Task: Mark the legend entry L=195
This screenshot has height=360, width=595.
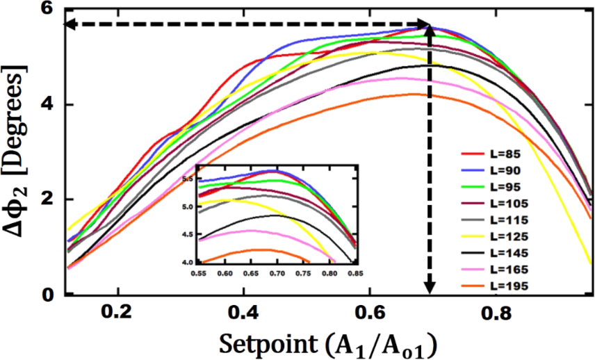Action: pyautogui.click(x=499, y=285)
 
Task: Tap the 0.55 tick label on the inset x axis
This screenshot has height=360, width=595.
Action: pyautogui.click(x=201, y=273)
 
